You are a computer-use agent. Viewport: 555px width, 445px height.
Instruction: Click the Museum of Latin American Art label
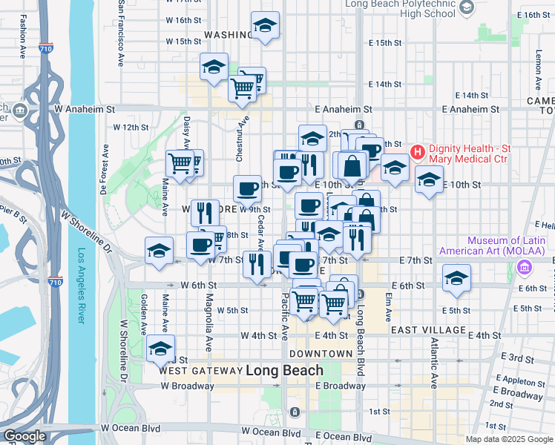pos(508,246)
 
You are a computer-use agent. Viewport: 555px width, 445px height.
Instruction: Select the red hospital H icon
pos(417,153)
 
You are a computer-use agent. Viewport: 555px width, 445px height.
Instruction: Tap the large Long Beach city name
pos(284,370)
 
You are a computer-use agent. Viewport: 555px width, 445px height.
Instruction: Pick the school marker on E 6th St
pos(456,279)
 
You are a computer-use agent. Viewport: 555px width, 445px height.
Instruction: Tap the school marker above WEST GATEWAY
pos(160,348)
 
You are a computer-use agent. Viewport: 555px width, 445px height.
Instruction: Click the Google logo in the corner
pos(25,436)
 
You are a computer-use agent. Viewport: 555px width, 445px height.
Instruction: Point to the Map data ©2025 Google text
pos(508,439)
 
